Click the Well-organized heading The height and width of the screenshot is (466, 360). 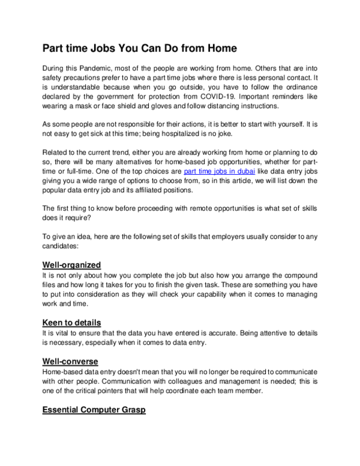click(x=71, y=264)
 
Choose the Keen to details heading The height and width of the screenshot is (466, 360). click(x=71, y=322)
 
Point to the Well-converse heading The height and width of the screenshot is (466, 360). click(x=70, y=362)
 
